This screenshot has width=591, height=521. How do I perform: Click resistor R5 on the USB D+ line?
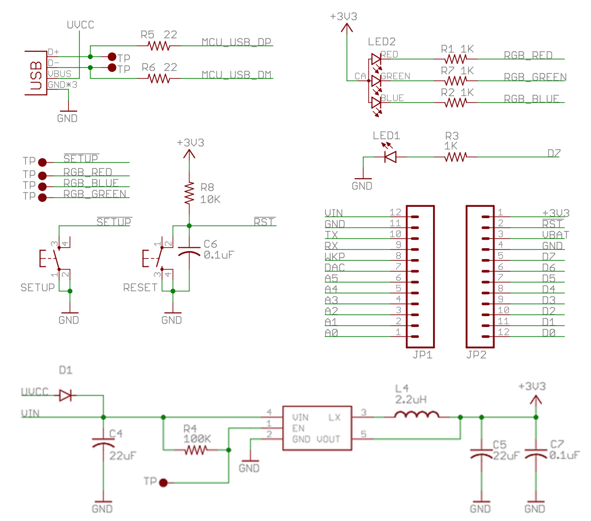pyautogui.click(x=159, y=46)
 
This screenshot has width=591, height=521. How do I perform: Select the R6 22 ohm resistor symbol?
pyautogui.click(x=159, y=78)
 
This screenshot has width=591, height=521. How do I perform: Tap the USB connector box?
pyautogui.click(x=36, y=73)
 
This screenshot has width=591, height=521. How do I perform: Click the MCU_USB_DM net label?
pyautogui.click(x=237, y=74)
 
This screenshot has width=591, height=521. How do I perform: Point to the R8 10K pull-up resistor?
pyautogui.click(x=189, y=194)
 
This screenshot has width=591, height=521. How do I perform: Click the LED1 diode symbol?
pyautogui.click(x=390, y=157)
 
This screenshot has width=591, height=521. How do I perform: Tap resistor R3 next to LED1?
pyautogui.click(x=455, y=157)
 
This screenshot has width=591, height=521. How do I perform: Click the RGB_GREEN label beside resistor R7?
pyautogui.click(x=535, y=77)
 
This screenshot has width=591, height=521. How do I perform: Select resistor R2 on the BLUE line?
pyautogui.click(x=455, y=102)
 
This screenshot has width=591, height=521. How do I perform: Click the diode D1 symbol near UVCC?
pyautogui.click(x=65, y=395)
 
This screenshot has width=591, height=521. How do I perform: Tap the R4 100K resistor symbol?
pyautogui.click(x=196, y=450)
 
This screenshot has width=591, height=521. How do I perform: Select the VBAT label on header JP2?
pyautogui.click(x=556, y=235)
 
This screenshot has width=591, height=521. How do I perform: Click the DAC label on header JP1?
pyautogui.click(x=335, y=267)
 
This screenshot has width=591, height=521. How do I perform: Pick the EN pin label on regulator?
pyautogui.click(x=298, y=428)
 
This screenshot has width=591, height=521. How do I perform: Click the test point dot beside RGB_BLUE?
pyautogui.click(x=42, y=187)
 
